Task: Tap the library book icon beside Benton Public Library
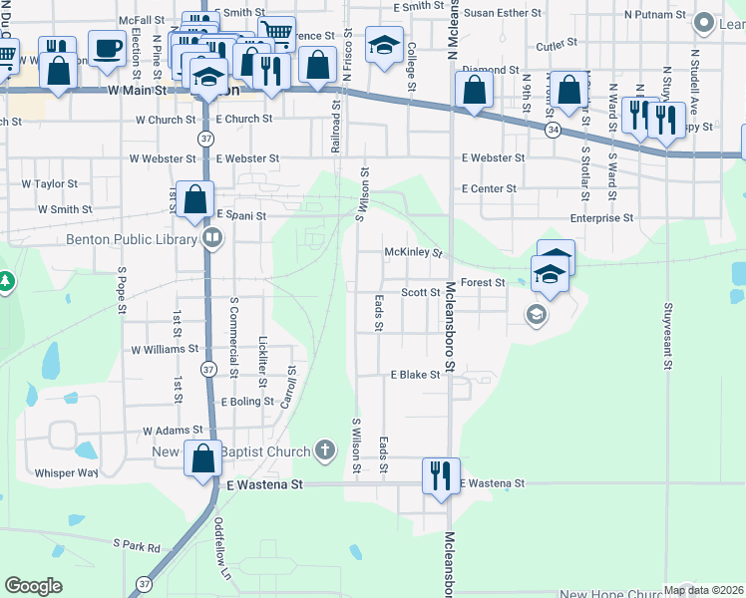(x=213, y=239)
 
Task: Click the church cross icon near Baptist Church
(x=324, y=451)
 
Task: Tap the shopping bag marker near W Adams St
(x=203, y=459)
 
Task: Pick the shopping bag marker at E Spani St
(x=195, y=197)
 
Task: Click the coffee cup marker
(x=107, y=47)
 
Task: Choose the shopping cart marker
(x=276, y=33)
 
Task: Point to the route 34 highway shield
(x=553, y=131)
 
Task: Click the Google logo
(x=33, y=586)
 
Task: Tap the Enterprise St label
(x=601, y=217)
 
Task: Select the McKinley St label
(x=414, y=253)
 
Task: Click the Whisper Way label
(x=67, y=473)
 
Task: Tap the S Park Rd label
(x=137, y=546)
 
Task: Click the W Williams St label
(x=166, y=350)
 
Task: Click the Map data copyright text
(x=700, y=590)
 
